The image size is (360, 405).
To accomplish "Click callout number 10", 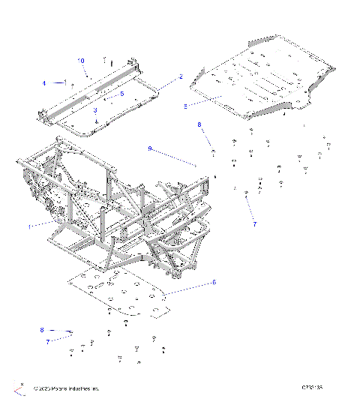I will (x=82, y=59).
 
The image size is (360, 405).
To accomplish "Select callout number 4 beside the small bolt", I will (x=43, y=82).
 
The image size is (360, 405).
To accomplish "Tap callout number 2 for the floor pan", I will (x=180, y=76).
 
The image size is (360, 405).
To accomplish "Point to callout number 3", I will (x=95, y=110).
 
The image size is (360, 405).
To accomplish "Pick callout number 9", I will (x=150, y=148).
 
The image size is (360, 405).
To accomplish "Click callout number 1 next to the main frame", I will (x=30, y=226).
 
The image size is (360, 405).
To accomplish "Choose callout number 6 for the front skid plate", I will (x=213, y=282).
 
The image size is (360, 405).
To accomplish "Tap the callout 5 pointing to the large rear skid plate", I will (x=185, y=106).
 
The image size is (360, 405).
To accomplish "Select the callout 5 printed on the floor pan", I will (x=121, y=94).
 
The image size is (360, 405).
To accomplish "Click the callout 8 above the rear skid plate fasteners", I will (x=199, y=124).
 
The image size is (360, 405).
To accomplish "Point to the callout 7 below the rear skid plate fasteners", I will (x=254, y=223).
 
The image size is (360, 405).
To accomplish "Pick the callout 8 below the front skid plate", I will (x=42, y=329).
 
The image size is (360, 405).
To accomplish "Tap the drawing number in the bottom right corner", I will (x=312, y=388).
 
